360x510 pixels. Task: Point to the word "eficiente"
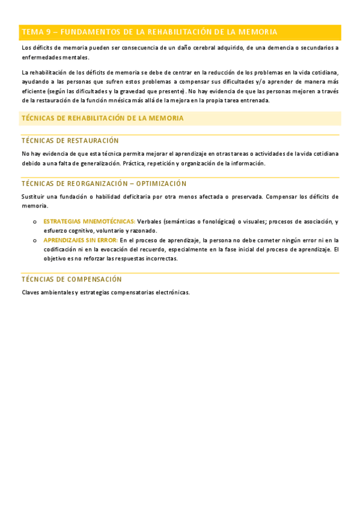33,91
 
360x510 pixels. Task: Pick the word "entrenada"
254,100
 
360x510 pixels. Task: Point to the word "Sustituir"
34,197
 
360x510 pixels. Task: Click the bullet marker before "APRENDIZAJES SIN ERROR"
35,240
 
